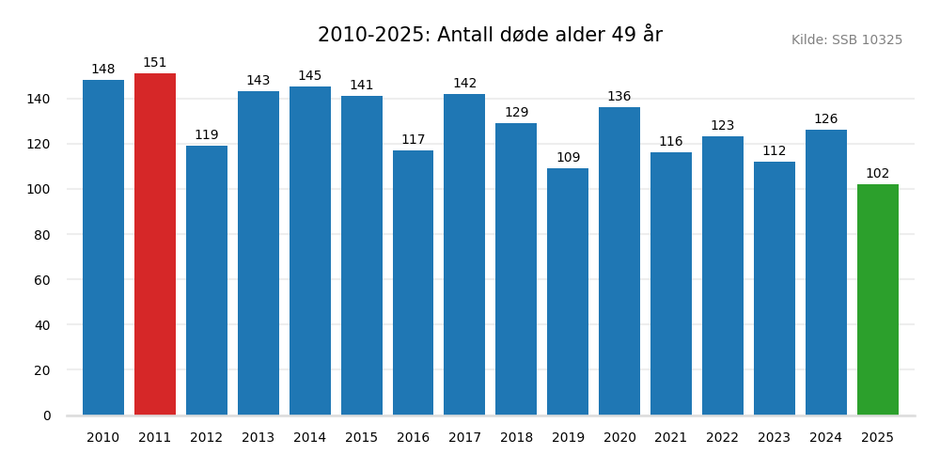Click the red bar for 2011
[x=155, y=244]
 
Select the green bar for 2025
[x=878, y=300]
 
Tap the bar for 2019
[x=568, y=291]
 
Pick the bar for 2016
[x=413, y=282]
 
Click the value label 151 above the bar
[x=155, y=63]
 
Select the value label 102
[x=878, y=174]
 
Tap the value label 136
[x=619, y=97]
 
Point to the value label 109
[x=568, y=158]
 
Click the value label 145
[x=310, y=76]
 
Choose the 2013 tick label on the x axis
[x=258, y=438]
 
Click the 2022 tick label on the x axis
[x=723, y=438]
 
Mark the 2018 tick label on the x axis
[x=516, y=438]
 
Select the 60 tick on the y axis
[x=42, y=280]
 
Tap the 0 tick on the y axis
[x=47, y=415]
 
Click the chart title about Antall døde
[x=490, y=36]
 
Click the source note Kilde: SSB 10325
[x=847, y=40]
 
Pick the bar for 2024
[x=826, y=273]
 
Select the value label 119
[x=207, y=135]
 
